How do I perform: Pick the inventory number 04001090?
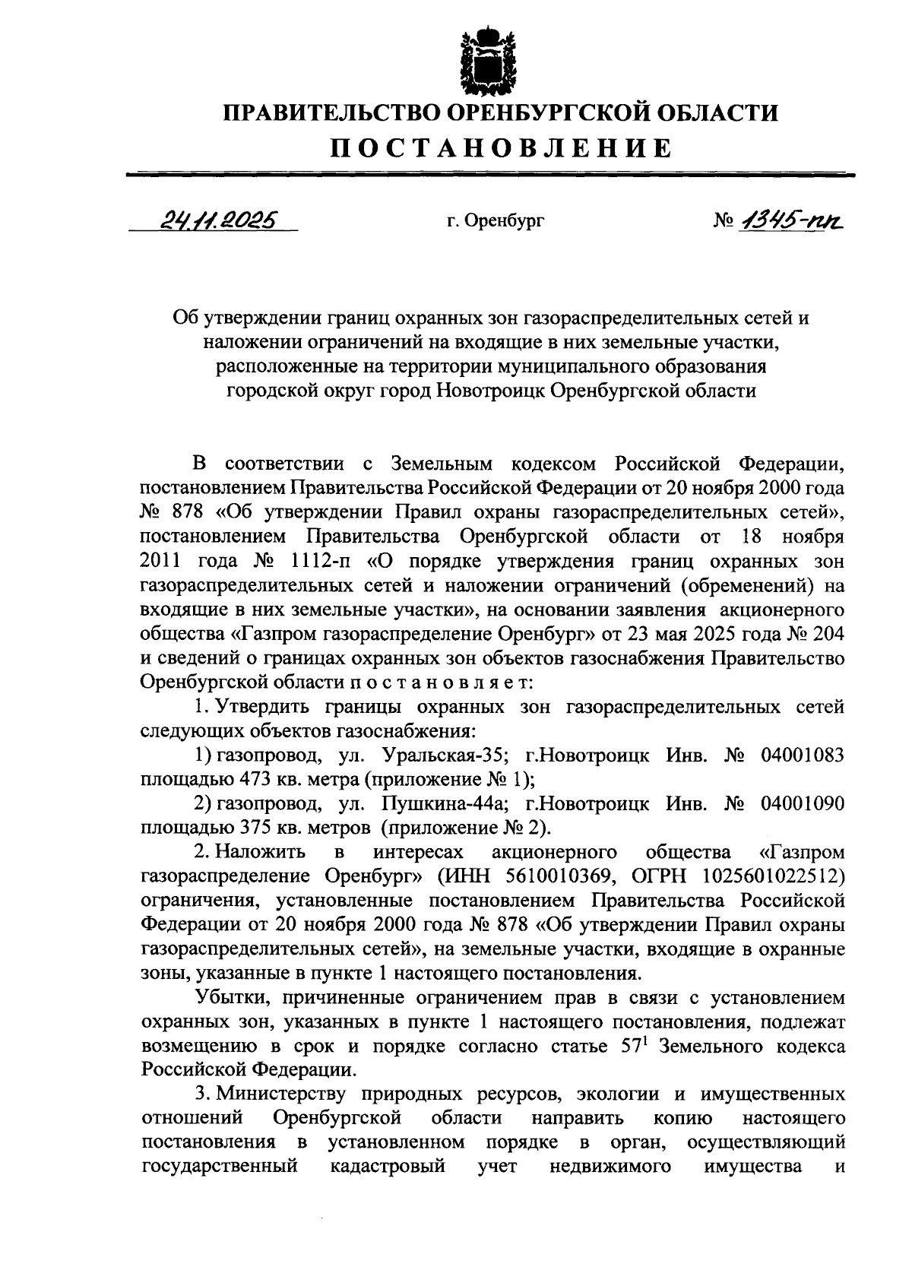(x=802, y=804)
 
